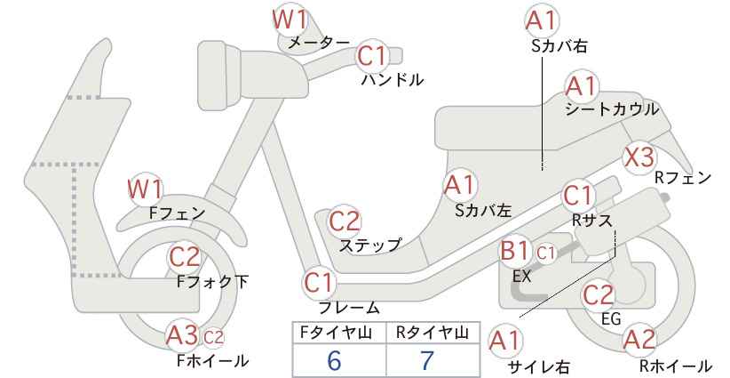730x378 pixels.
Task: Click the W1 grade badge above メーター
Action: (x=290, y=20)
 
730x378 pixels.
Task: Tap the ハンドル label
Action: (x=393, y=80)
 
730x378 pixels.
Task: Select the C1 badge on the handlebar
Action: (x=372, y=56)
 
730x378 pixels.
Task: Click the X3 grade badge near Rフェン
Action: (x=639, y=157)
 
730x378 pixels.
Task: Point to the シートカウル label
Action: (x=612, y=109)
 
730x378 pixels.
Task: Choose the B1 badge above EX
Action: (x=514, y=251)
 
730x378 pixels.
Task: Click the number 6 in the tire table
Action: (x=334, y=360)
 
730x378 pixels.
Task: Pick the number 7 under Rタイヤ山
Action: (x=426, y=360)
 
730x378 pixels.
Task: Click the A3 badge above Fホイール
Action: (x=183, y=335)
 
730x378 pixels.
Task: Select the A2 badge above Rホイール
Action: (x=639, y=341)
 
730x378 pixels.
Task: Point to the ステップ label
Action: (x=370, y=245)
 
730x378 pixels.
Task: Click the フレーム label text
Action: (x=348, y=308)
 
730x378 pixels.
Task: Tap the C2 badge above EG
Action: (x=599, y=295)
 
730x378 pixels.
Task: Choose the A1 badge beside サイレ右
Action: (x=504, y=342)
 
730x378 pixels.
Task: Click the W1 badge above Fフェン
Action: (x=146, y=189)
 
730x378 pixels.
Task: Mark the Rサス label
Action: (x=591, y=220)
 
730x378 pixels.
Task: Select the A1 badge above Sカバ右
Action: (x=542, y=20)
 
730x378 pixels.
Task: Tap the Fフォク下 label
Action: (x=212, y=282)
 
